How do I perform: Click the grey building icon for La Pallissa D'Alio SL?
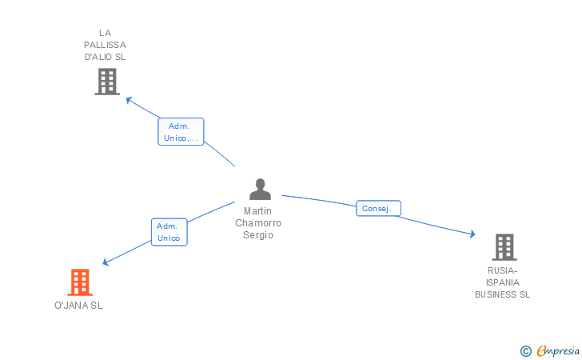pos(106,82)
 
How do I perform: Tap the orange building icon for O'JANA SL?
pos(79,282)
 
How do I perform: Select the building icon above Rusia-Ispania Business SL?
pos(504,247)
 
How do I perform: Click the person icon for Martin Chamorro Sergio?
pos(260,190)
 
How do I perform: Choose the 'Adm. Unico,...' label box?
pos(181,132)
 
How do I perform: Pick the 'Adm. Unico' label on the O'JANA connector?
pos(169,232)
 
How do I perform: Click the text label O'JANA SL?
pos(78,306)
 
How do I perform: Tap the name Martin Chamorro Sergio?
pos(258,223)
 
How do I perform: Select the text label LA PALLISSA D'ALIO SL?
pos(105,45)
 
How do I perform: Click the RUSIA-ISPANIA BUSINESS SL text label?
pos(502,282)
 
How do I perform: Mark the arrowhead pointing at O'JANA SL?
pos(106,262)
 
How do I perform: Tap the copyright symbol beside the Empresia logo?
pos(525,350)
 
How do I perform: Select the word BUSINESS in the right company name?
pos(502,294)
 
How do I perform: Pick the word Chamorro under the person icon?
pos(258,223)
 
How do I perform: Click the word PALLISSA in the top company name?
pos(105,45)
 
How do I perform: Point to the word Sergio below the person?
pos(258,235)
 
